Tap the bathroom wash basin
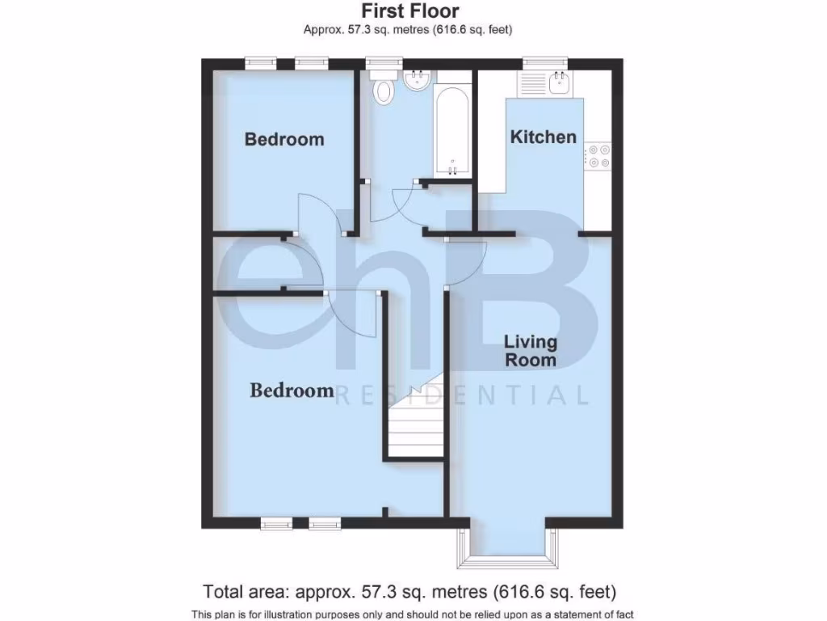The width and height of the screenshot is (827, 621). coord(418,79)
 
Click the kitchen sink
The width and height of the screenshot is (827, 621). coord(559,82)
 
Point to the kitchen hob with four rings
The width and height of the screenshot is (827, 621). coord(598,156)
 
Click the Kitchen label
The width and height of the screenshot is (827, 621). coord(544,137)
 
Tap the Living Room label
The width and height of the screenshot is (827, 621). coord(531,350)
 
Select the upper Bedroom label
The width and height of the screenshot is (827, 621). coord(284,139)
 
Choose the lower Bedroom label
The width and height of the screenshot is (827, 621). coord(292,391)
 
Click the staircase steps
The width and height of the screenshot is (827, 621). coord(414,429)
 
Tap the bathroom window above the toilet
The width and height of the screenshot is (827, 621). coord(384,61)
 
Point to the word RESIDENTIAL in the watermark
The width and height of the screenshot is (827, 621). coord(462,395)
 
